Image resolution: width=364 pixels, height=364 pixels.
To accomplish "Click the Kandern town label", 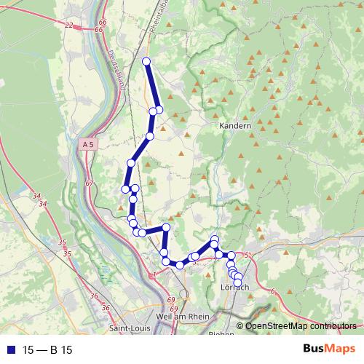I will pyautogui.click(x=235, y=126).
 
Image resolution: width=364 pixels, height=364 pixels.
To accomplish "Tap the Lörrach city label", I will pyautogui.click(x=234, y=288).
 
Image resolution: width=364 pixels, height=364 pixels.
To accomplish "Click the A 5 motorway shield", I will pyautogui.click(x=88, y=145).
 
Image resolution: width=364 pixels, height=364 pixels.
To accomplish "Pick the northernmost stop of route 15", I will pyautogui.click(x=146, y=62).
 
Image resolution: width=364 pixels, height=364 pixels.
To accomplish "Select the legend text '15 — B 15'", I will pyautogui.click(x=47, y=350).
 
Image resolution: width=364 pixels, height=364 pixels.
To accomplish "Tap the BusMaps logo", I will pyautogui.click(x=329, y=349).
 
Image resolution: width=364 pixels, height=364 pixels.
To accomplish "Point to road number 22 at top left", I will pyautogui.click(x=69, y=25).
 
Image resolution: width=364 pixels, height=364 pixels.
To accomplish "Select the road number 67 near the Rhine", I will pyautogui.click(x=90, y=183).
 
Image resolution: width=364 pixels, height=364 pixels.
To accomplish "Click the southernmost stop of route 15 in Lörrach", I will pyautogui.click(x=237, y=282).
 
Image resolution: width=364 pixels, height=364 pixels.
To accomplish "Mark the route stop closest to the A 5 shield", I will pyautogui.click(x=131, y=163).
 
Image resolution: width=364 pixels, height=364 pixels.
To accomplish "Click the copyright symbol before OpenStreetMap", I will pyautogui.click(x=240, y=326).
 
